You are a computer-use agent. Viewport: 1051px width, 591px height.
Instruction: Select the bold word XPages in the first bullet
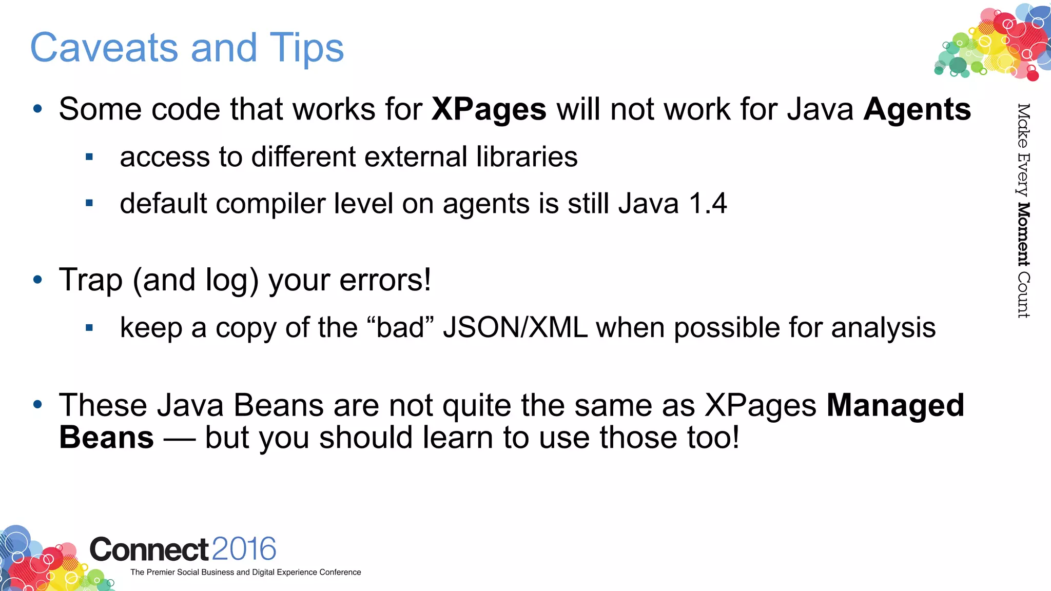pyautogui.click(x=489, y=110)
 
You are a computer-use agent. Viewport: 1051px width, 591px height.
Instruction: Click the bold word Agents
pyautogui.click(x=917, y=110)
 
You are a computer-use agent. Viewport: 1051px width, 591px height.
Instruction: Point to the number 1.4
pyautogui.click(x=708, y=204)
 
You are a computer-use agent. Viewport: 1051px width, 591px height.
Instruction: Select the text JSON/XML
pyautogui.click(x=515, y=328)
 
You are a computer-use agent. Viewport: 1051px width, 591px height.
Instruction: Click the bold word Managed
pyautogui.click(x=896, y=405)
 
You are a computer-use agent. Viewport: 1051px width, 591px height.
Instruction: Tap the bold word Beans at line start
pyautogui.click(x=106, y=438)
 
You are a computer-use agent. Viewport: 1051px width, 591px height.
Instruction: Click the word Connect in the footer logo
pyautogui.click(x=149, y=550)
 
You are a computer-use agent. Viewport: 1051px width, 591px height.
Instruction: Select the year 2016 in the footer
pyautogui.click(x=244, y=549)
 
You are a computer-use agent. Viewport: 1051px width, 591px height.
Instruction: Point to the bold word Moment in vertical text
pyautogui.click(x=1023, y=234)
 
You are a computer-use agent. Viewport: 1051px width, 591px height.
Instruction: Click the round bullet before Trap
pyautogui.click(x=37, y=280)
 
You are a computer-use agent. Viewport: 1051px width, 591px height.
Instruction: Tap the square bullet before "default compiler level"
pyautogui.click(x=89, y=204)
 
